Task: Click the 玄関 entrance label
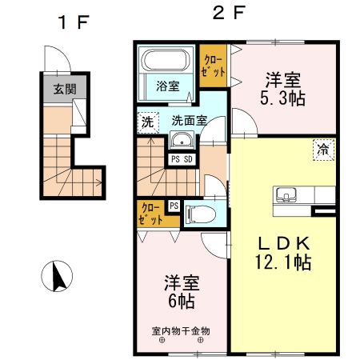pyautogui.click(x=65, y=89)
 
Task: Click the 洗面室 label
pyautogui.click(x=189, y=122)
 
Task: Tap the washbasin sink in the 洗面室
pyautogui.click(x=181, y=143)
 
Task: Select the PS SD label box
pyautogui.click(x=182, y=158)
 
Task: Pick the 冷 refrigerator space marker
pyautogui.click(x=323, y=149)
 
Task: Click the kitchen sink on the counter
pyautogui.click(x=287, y=195)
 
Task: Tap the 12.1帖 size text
pyautogui.click(x=283, y=261)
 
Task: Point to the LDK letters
pyautogui.click(x=282, y=242)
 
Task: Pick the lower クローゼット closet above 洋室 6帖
pyautogui.click(x=150, y=213)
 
